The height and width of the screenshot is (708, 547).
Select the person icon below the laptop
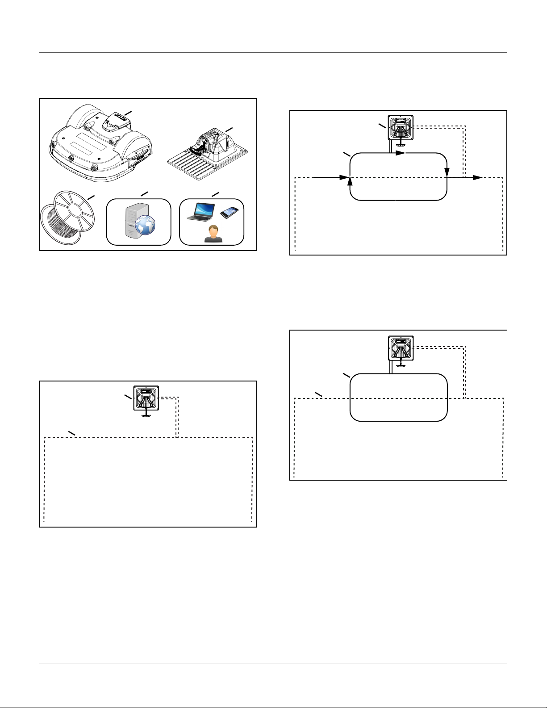(x=213, y=234)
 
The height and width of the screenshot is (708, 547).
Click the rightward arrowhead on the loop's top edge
(x=401, y=153)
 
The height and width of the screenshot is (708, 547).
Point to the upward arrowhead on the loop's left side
(x=350, y=182)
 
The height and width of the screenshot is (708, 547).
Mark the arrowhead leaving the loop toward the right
(x=477, y=178)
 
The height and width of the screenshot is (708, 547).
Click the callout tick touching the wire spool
(x=91, y=197)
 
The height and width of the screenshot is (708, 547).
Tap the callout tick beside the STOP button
(x=128, y=113)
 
